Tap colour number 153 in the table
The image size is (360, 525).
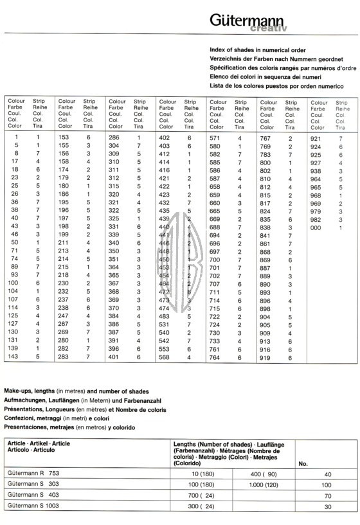64,138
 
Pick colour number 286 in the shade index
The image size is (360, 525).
114,138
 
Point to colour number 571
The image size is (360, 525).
215,138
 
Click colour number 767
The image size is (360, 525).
265,138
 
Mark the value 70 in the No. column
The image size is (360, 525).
327,495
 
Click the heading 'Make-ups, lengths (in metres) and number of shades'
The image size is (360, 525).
76,391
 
